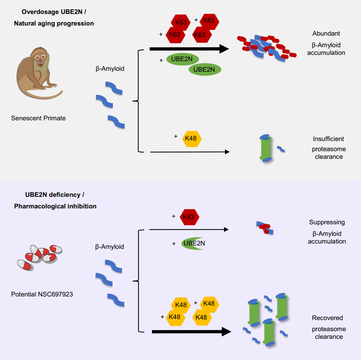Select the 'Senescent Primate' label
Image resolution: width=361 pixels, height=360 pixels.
(38, 118)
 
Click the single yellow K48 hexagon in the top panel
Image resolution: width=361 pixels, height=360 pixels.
(191, 139)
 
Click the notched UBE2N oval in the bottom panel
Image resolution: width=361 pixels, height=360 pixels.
(194, 244)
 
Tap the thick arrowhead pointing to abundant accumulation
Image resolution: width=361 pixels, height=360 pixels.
(222, 49)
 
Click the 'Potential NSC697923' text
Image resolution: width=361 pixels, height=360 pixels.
(42, 293)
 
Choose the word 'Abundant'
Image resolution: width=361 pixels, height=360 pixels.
(326, 34)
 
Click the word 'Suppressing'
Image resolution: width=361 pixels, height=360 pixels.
(327, 222)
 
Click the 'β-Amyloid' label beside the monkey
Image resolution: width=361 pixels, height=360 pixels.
(110, 69)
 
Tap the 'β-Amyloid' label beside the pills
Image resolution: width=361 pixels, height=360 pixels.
(110, 247)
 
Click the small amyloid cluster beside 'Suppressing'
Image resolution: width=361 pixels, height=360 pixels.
(264, 227)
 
